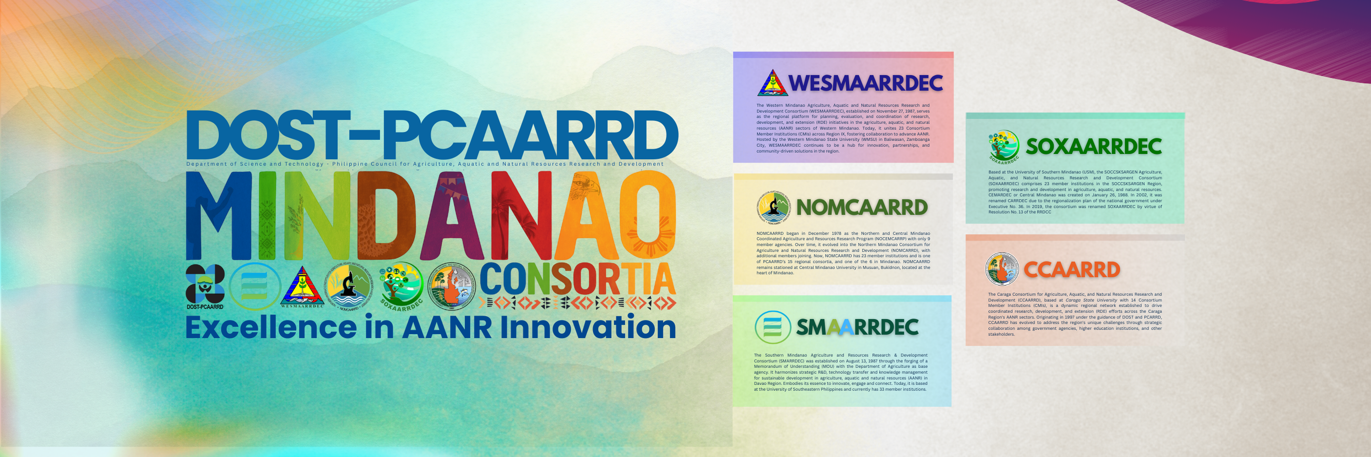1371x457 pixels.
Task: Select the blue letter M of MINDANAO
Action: point(218,215)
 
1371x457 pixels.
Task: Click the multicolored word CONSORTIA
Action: point(578,279)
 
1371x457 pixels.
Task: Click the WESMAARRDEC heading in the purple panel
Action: point(866,83)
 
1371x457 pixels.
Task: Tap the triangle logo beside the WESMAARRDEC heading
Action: point(772,83)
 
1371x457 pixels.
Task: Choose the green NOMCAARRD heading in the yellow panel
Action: point(862,208)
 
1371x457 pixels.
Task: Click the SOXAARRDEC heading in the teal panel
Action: point(1093,146)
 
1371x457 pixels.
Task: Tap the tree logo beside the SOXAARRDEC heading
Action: point(1004,146)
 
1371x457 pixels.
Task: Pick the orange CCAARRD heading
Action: point(1072,270)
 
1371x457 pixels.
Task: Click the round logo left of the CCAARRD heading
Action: point(1002,269)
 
